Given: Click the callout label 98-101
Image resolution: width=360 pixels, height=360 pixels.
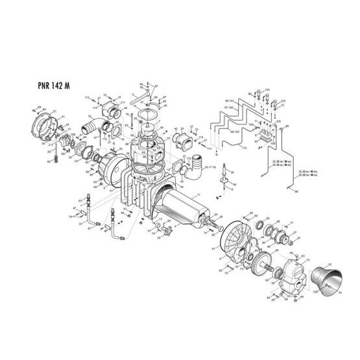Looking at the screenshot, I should click(x=230, y=102).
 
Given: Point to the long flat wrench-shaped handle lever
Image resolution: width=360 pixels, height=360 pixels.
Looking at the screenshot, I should click(x=139, y=101).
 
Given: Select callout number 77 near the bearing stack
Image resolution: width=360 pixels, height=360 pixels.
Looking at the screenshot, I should click(x=292, y=222).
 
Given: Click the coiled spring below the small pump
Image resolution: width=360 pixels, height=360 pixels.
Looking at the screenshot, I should click(x=63, y=156).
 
